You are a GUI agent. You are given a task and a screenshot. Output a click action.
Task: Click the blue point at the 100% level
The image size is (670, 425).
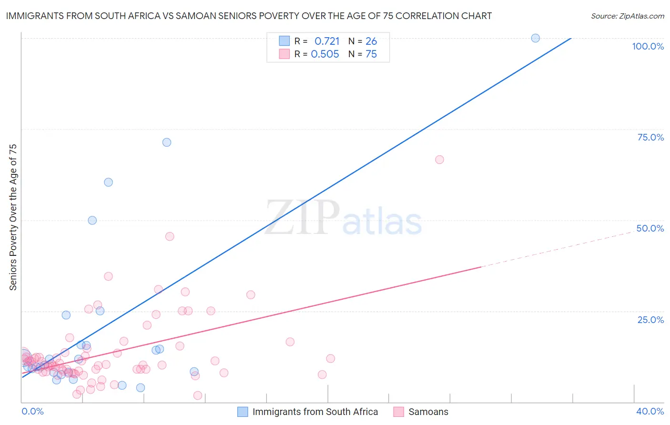[535, 38]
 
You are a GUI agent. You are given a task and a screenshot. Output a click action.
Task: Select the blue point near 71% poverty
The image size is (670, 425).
[167, 142]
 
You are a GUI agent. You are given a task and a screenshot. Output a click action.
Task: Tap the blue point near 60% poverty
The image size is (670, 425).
[108, 182]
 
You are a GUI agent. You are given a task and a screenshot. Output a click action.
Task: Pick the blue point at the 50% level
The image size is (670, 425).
[92, 220]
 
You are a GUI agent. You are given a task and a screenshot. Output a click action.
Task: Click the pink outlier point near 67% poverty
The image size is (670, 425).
[439, 160]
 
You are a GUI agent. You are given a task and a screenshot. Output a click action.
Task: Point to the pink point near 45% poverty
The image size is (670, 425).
[170, 236]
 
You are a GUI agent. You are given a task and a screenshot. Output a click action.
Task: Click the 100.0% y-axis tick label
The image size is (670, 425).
[648, 46]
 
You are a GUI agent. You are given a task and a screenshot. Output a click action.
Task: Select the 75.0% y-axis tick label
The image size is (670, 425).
[650, 137]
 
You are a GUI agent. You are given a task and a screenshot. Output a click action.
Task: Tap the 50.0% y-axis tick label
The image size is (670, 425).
[650, 228]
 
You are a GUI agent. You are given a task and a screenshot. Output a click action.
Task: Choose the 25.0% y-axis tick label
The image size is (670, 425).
[650, 320]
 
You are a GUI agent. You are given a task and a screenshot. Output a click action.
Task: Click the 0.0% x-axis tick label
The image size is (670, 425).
[32, 412]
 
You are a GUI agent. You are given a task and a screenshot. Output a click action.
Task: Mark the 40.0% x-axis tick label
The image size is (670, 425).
[650, 412]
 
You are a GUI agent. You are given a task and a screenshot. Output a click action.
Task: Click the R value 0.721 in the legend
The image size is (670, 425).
[327, 41]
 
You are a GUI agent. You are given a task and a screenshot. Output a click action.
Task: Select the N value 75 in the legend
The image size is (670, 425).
[371, 54]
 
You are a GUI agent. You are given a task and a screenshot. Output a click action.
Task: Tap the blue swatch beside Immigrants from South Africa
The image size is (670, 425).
[243, 412]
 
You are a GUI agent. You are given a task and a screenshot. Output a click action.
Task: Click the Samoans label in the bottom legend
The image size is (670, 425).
[428, 412]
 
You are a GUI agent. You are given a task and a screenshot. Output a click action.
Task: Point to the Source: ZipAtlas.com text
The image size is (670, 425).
[627, 16]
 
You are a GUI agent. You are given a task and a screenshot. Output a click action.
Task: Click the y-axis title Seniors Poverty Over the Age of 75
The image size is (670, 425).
[13, 217]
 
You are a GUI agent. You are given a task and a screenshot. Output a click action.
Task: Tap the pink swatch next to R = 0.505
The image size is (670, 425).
[284, 54]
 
